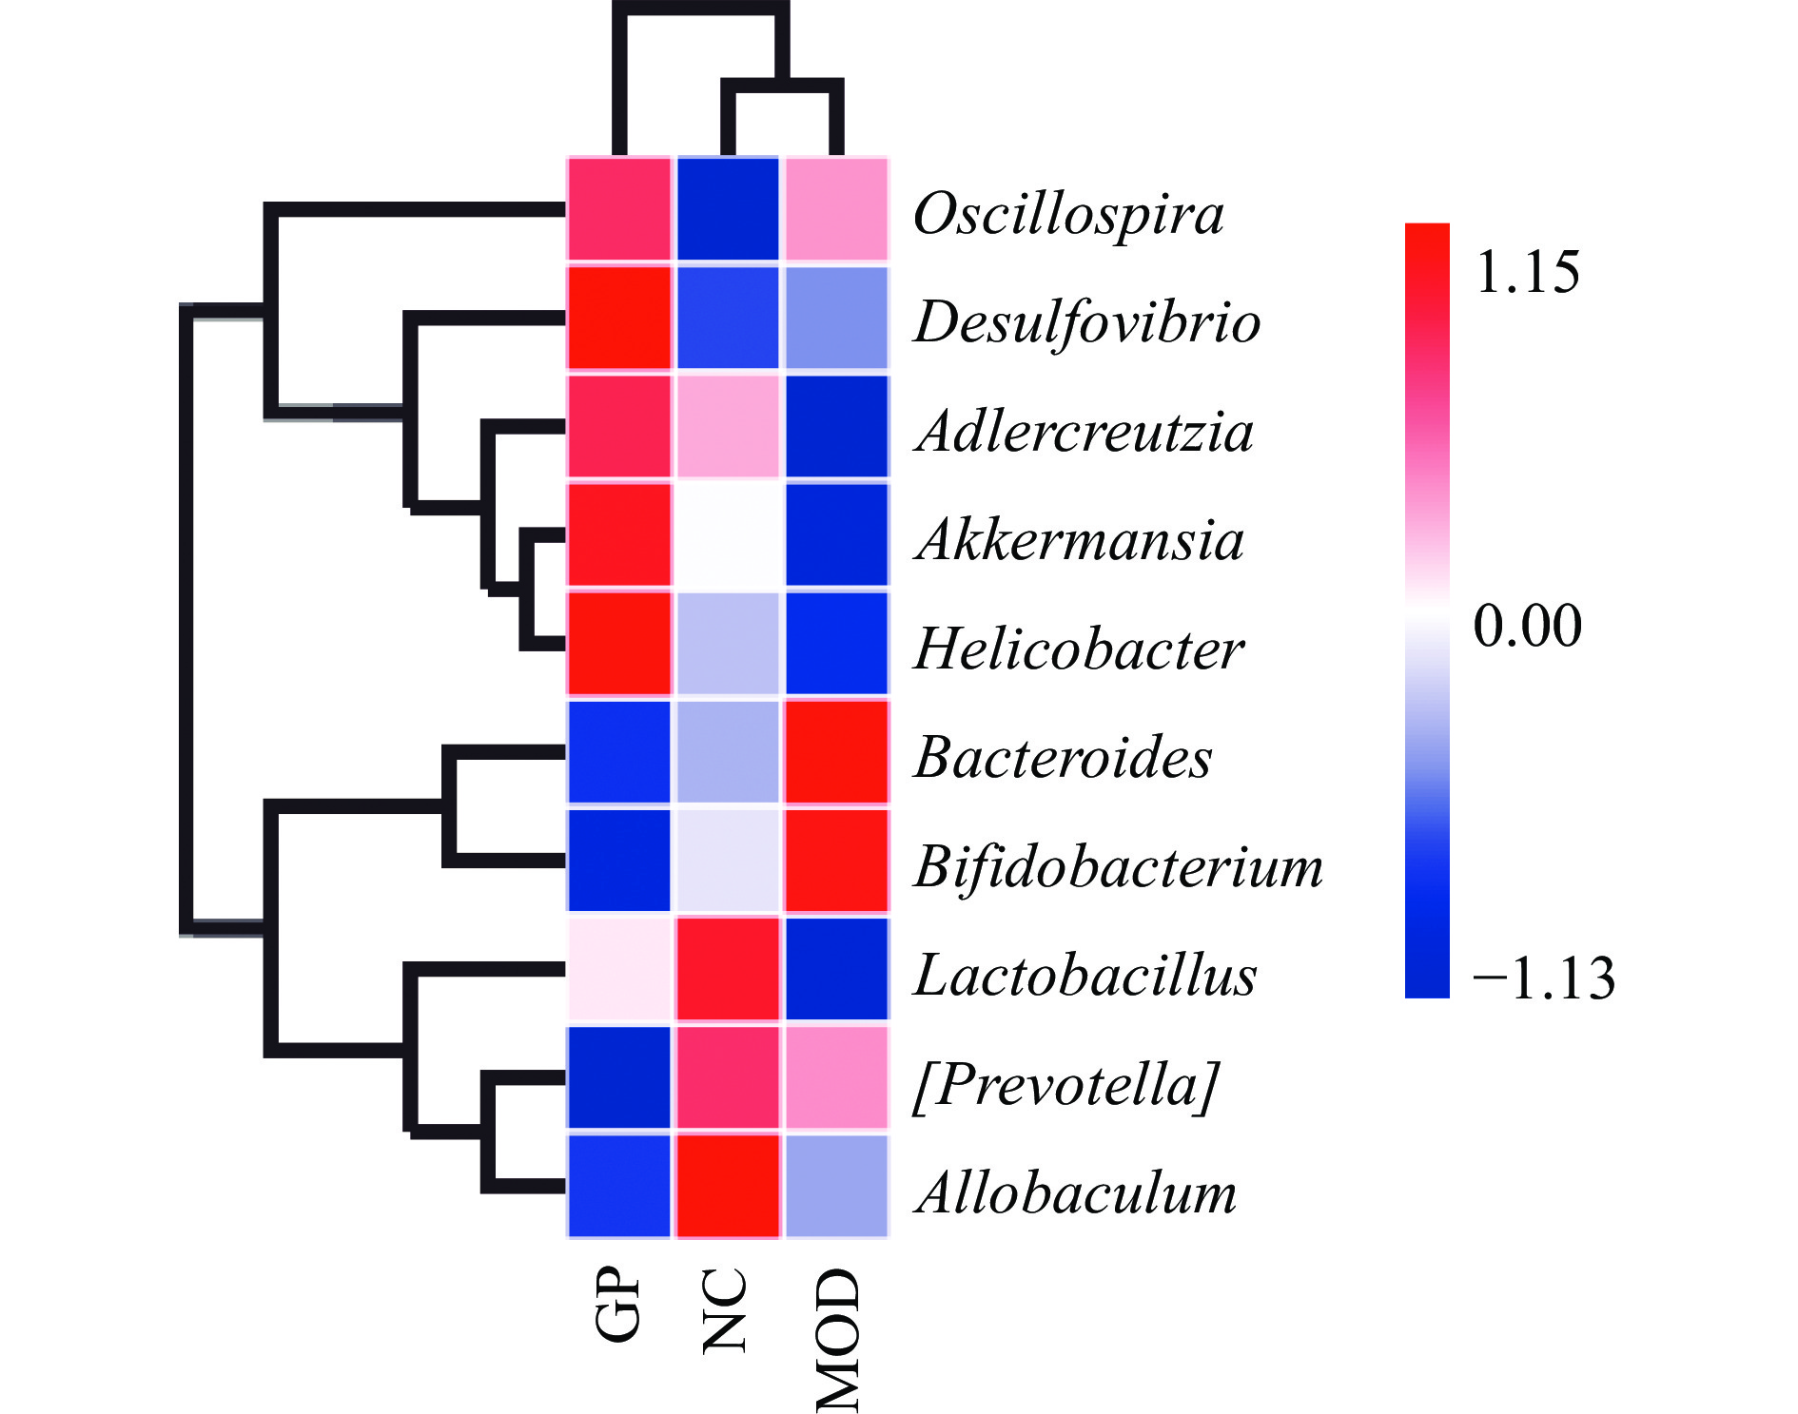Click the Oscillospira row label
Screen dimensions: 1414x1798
pyautogui.click(x=1067, y=214)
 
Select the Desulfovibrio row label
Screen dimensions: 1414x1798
pyautogui.click(x=1086, y=321)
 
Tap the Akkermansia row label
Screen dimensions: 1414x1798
pyautogui.click(x=1079, y=540)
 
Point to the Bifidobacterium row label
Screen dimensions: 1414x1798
pyautogui.click(x=1118, y=866)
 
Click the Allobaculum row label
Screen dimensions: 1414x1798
pyautogui.click(x=1075, y=1192)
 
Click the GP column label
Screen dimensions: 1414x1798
pyautogui.click(x=618, y=1305)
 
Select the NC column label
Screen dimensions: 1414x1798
pyautogui.click(x=726, y=1310)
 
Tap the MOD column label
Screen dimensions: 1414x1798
pyautogui.click(x=838, y=1339)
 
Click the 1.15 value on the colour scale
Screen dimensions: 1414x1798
pyautogui.click(x=1527, y=272)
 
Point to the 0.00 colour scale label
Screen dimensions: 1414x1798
pyautogui.click(x=1527, y=626)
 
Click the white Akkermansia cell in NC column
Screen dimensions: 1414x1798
pyautogui.click(x=728, y=535)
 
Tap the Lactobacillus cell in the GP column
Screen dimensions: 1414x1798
pyautogui.click(x=619, y=969)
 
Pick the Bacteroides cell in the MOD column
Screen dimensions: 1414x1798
pyautogui.click(x=836, y=752)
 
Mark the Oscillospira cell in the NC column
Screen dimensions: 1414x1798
pyautogui.click(x=728, y=209)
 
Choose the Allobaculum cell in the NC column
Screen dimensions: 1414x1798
pyautogui.click(x=728, y=1186)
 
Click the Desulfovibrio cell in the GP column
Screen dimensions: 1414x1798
pyautogui.click(x=619, y=318)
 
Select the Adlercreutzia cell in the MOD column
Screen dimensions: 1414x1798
pyautogui.click(x=836, y=426)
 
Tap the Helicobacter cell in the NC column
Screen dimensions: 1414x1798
pyautogui.click(x=728, y=644)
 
